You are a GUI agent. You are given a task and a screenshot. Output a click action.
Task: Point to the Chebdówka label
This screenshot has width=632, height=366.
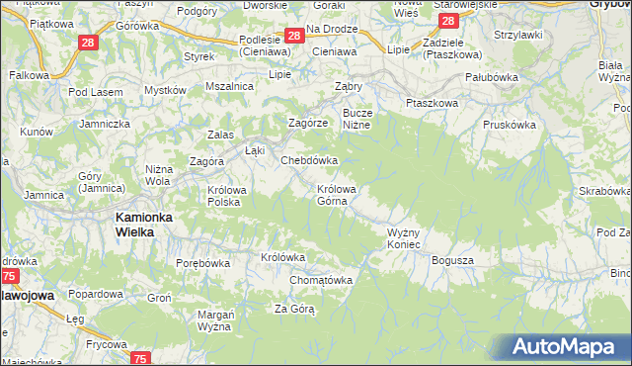310,160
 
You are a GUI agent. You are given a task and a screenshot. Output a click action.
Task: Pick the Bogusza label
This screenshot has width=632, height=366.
453,260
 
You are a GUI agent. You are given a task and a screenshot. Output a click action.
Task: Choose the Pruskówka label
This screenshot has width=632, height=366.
510,126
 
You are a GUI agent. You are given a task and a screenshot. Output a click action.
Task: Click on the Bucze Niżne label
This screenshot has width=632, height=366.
356,119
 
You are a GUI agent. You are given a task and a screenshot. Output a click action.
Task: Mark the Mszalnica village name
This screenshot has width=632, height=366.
229,87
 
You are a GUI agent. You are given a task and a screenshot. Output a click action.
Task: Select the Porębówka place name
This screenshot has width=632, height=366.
202,264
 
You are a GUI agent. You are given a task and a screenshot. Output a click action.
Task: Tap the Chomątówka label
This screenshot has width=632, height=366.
321,280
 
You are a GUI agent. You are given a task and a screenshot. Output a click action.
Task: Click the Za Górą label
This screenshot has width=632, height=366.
294,310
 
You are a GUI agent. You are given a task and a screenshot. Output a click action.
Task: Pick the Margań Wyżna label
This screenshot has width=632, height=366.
213,320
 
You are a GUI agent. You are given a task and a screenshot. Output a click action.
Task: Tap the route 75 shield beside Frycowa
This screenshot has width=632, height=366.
141,358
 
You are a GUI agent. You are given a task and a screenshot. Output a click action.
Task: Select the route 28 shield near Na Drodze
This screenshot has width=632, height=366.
293,37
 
